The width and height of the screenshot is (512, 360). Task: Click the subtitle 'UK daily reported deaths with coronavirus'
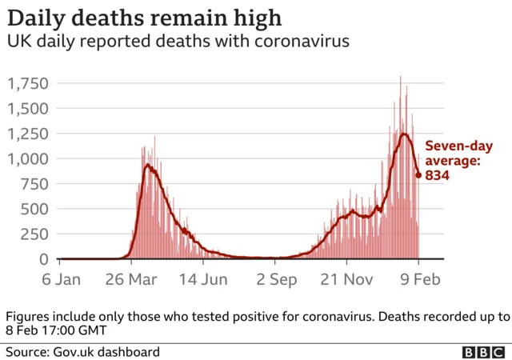pyautogui.click(x=178, y=42)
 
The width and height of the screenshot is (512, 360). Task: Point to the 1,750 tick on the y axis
pyautogui.click(x=28, y=83)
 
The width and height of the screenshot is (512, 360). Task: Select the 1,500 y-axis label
pyautogui.click(x=28, y=108)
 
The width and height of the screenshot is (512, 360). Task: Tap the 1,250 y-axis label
pyautogui.click(x=28, y=134)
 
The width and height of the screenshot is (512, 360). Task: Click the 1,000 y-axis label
pyautogui.click(x=28, y=158)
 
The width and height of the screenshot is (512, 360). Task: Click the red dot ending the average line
pyautogui.click(x=418, y=174)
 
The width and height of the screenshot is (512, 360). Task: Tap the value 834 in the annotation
pyautogui.click(x=437, y=175)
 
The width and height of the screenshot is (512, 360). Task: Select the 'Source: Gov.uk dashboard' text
pyautogui.click(x=83, y=352)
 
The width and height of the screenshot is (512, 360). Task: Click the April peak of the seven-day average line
pyautogui.click(x=147, y=166)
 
